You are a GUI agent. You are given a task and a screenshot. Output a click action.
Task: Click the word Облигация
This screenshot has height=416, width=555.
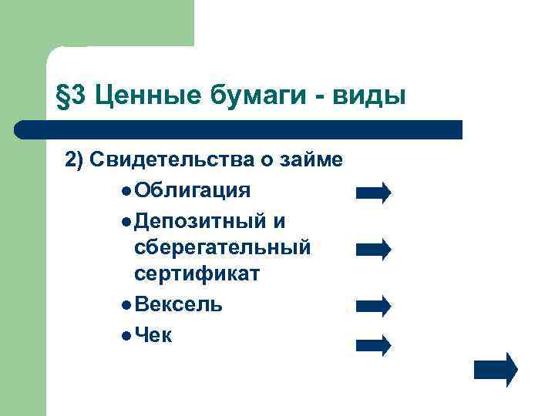[x=191, y=190]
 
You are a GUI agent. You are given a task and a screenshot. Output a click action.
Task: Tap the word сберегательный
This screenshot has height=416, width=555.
[x=222, y=247]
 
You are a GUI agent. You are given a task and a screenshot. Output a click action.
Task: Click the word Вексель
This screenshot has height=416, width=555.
[x=178, y=304]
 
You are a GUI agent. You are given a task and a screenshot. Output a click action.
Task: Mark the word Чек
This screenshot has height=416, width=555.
[x=153, y=335]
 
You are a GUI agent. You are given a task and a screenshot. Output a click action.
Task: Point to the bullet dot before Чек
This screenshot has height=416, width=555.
[x=126, y=336]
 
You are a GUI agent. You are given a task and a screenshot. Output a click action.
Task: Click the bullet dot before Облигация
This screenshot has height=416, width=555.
[x=126, y=190]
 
